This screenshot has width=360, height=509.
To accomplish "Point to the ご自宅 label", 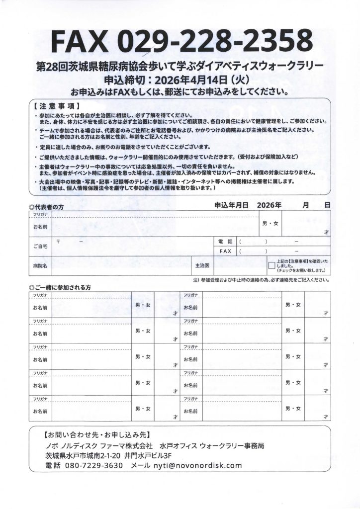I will tap(41, 246).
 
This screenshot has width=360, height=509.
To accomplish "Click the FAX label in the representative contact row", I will tap(226, 251).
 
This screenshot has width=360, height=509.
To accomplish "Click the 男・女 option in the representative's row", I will tap(270, 223).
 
